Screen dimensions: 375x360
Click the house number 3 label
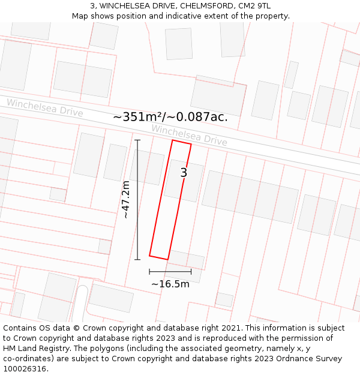(184, 173)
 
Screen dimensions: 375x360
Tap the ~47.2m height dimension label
(126, 200)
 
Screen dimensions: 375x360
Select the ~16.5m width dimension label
(170, 284)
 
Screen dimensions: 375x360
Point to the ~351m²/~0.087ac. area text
(170, 117)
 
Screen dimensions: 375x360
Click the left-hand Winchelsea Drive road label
(45, 108)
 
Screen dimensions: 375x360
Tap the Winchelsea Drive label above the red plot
(189, 135)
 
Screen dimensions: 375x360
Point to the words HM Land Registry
(35, 348)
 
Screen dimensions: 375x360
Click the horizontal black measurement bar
(170, 272)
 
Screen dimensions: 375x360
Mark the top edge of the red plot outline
(182, 142)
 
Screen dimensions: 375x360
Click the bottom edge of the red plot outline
(158, 257)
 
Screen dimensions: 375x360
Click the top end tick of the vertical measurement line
(137, 140)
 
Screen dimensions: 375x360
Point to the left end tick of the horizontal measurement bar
(149, 272)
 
